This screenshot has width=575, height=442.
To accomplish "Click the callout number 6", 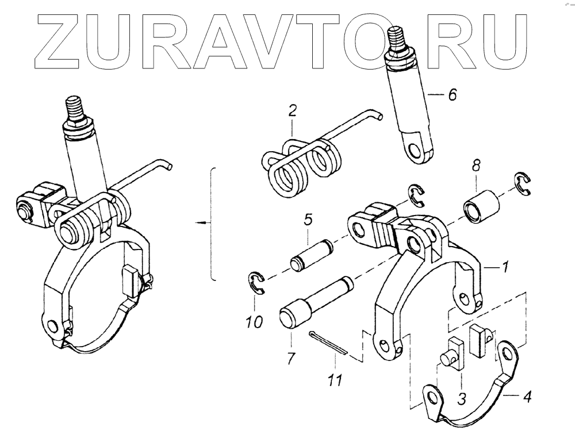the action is pos(453,95).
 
